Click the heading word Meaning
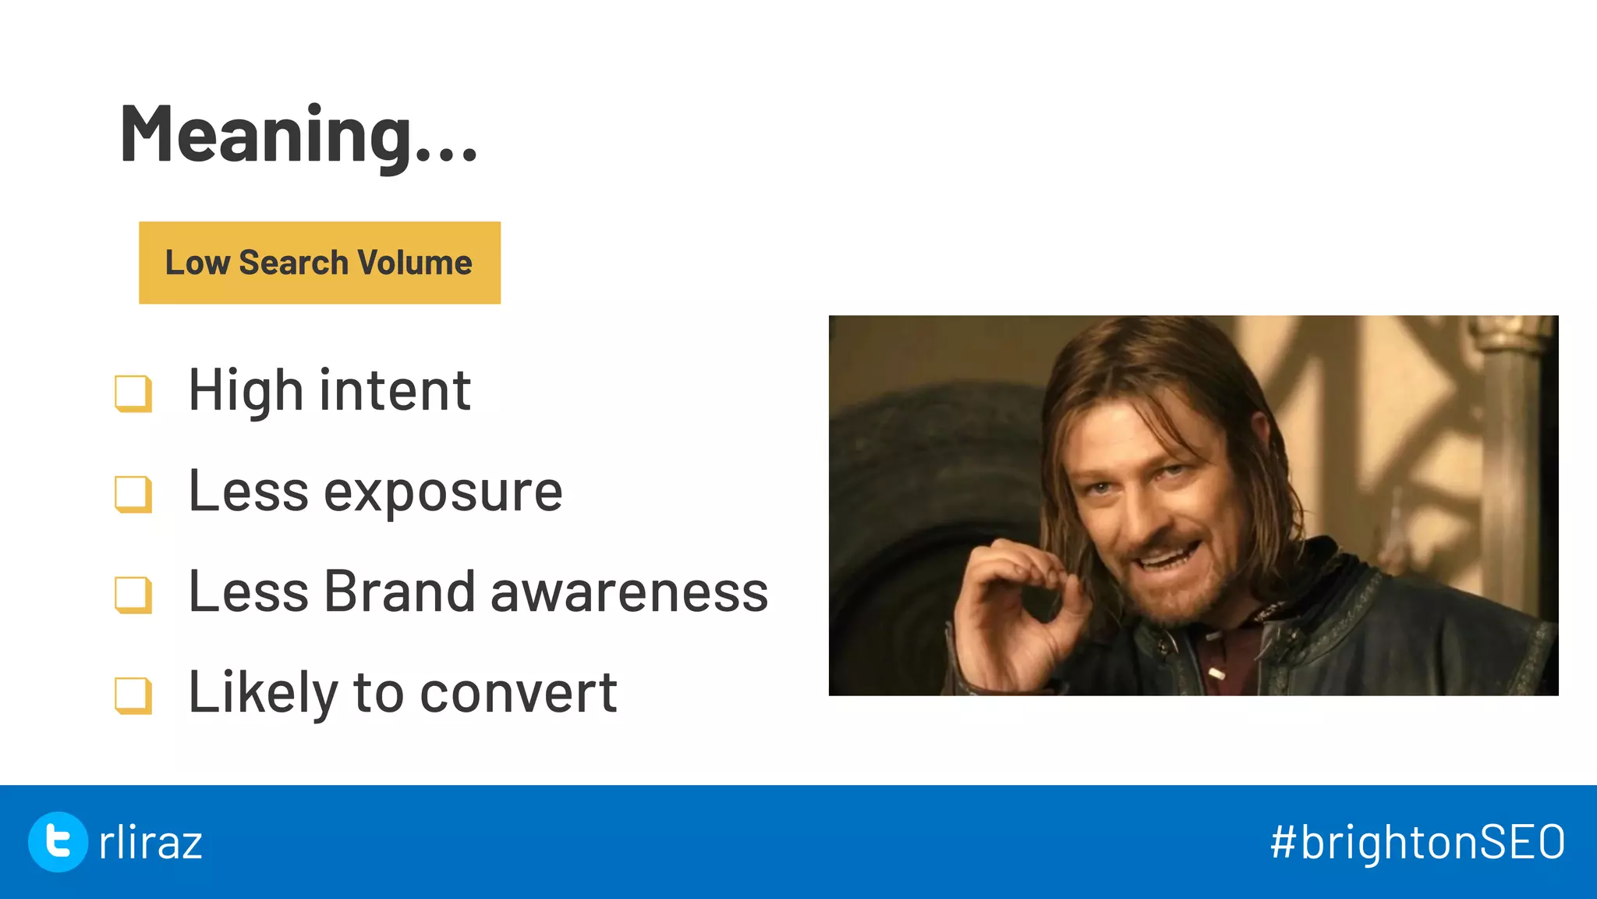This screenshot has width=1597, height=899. click(265, 134)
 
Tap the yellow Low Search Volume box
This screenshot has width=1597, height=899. click(320, 263)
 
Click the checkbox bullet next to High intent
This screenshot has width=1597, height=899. click(133, 393)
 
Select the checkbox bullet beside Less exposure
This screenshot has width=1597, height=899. click(133, 493)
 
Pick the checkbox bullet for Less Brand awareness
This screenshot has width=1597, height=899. click(133, 594)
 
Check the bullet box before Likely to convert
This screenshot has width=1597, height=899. click(133, 695)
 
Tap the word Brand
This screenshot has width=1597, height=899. click(398, 592)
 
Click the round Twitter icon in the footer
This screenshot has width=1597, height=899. click(58, 841)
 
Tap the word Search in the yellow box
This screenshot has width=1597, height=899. click(293, 263)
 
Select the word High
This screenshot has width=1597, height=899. click(246, 390)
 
